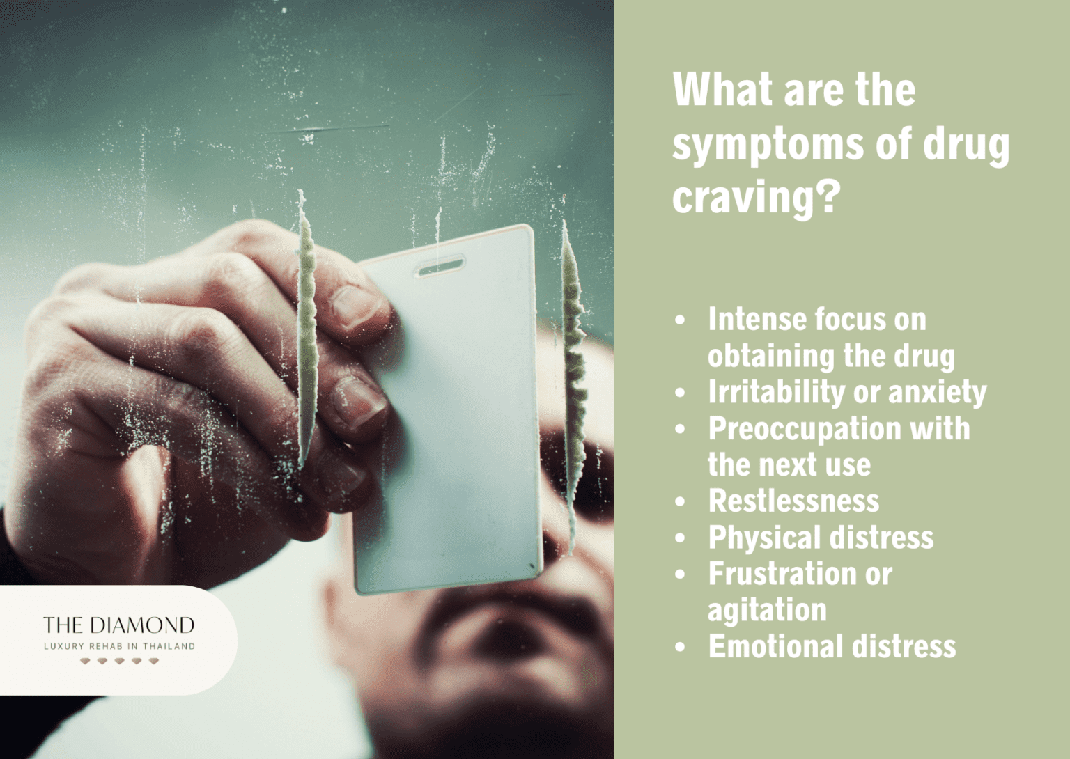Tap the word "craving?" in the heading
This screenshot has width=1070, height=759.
pyautogui.click(x=753, y=198)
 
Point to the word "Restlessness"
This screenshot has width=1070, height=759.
pyautogui.click(x=793, y=501)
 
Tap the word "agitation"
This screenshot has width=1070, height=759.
pyautogui.click(x=767, y=611)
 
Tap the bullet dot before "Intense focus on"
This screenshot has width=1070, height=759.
pyautogui.click(x=681, y=320)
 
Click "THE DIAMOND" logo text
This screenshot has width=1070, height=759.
pyautogui.click(x=118, y=625)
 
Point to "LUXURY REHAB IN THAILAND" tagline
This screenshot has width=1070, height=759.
pyautogui.click(x=119, y=646)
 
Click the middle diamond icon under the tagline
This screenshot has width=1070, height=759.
pyautogui.click(x=119, y=661)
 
